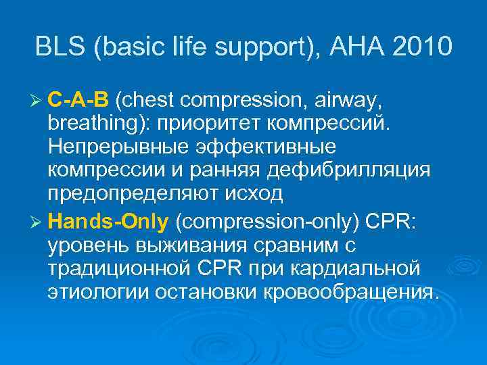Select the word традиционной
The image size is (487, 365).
click(x=114, y=269)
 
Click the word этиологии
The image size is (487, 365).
click(x=87, y=291)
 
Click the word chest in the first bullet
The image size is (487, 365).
click(x=148, y=102)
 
